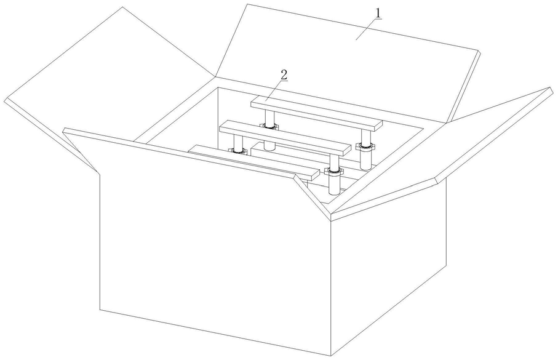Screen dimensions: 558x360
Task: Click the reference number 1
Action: point(378,12)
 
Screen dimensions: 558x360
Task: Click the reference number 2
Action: point(284,74)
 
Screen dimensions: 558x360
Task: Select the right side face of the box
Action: point(388,271)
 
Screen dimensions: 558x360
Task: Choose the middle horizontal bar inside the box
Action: point(283,138)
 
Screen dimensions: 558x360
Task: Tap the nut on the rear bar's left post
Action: point(269,126)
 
